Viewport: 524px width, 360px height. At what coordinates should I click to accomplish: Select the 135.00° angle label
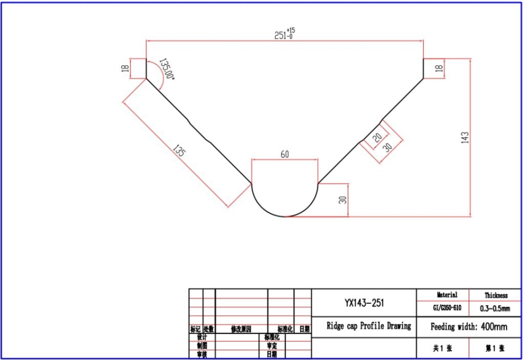[x=167, y=69]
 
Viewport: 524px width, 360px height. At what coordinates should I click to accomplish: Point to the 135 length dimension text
[x=179, y=151]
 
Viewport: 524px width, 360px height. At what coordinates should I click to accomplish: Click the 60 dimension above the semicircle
[x=285, y=154]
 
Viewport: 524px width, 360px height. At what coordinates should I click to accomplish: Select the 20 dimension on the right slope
[x=378, y=138]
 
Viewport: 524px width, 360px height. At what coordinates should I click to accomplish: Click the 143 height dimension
[x=464, y=138]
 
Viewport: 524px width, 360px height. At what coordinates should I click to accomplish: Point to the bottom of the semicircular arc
[x=285, y=217]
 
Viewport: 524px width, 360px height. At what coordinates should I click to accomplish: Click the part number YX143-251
[x=364, y=303]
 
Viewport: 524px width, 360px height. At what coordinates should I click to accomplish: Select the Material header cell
[x=446, y=295]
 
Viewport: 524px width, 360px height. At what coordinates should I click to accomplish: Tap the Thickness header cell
[x=496, y=295]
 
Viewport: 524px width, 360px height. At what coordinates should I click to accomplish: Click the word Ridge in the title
[x=338, y=326]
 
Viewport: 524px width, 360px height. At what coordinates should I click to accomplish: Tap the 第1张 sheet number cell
[x=495, y=348]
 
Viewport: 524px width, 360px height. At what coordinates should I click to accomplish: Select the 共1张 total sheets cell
[x=443, y=348]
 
